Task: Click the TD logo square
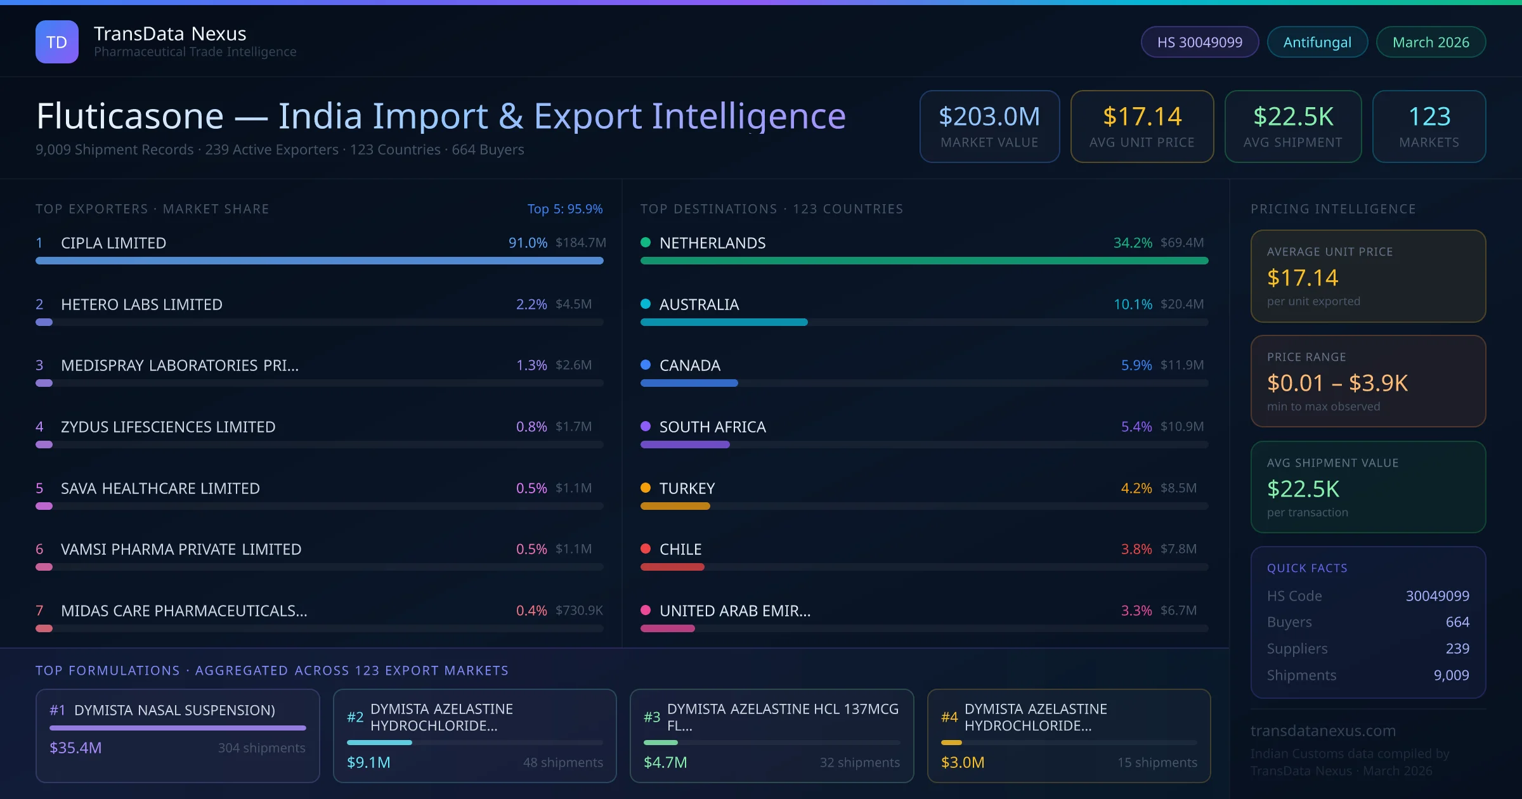click(x=56, y=42)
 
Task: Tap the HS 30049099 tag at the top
click(x=1199, y=42)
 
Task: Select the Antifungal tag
click(x=1317, y=42)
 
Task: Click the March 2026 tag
click(x=1430, y=42)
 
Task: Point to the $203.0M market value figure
click(x=989, y=117)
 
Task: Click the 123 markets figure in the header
click(x=1429, y=117)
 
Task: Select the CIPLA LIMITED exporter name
click(x=114, y=243)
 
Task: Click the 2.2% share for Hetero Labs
click(x=531, y=304)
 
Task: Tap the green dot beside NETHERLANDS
click(x=646, y=242)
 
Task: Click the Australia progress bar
click(x=724, y=322)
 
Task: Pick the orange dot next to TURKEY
click(x=646, y=488)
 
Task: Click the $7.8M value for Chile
click(x=1178, y=549)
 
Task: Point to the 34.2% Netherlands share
click(x=1133, y=242)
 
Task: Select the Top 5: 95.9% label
click(x=564, y=209)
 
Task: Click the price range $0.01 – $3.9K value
click(x=1337, y=383)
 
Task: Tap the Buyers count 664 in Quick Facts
click(x=1457, y=622)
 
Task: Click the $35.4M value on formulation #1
click(x=75, y=748)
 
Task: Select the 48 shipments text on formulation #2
click(x=563, y=762)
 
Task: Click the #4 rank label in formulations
click(x=949, y=717)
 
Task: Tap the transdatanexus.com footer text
click(x=1323, y=731)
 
